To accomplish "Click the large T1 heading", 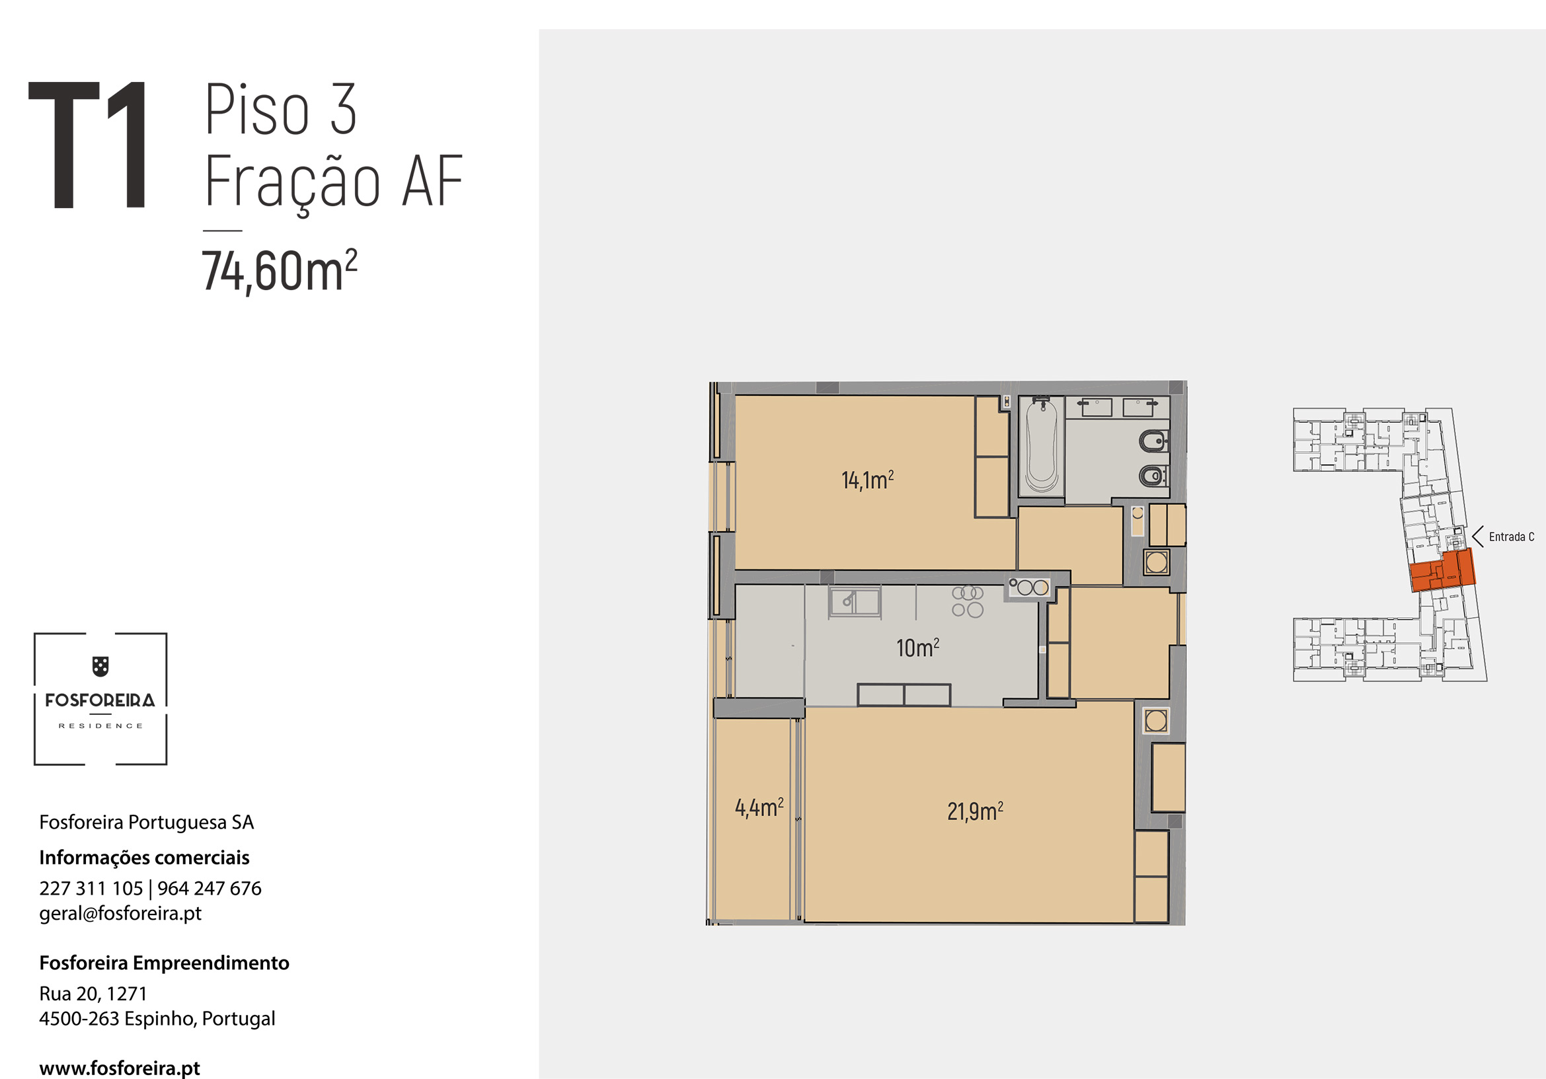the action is point(87,145).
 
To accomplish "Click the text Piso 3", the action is point(281,109).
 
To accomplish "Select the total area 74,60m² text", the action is point(280,272).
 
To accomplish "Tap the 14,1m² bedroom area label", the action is point(867,479).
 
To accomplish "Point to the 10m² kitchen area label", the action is point(917,647).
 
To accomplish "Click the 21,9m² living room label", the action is point(975,811).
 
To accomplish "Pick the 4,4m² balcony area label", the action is point(759,807).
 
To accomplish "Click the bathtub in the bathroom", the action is point(1041,445).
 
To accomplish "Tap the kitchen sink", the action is point(855,601).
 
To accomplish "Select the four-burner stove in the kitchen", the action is point(968,601).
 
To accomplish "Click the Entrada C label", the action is point(1511,537).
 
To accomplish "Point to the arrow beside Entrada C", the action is point(1477,537).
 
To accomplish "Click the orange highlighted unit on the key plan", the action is point(1442,570).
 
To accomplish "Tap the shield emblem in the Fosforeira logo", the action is point(100,667).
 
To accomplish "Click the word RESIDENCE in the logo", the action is point(100,726).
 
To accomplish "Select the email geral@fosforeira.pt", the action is point(120,912).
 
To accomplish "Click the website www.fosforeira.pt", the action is point(119,1068).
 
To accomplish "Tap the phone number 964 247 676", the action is point(210,888).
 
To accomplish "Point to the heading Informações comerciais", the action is point(144,857).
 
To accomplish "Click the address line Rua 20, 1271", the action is point(93,993).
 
